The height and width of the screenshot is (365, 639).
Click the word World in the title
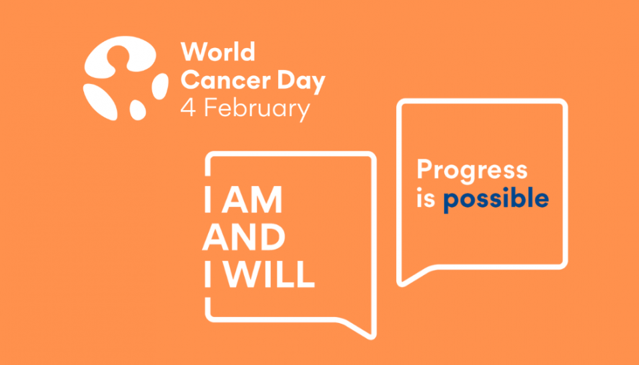point(217,53)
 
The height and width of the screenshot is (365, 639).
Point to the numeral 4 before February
point(189,108)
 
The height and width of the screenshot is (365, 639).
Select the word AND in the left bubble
point(244,238)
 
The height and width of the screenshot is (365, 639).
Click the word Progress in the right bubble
point(472,171)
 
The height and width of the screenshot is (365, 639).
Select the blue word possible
point(496,200)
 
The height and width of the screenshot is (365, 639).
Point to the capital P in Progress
point(424,169)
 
